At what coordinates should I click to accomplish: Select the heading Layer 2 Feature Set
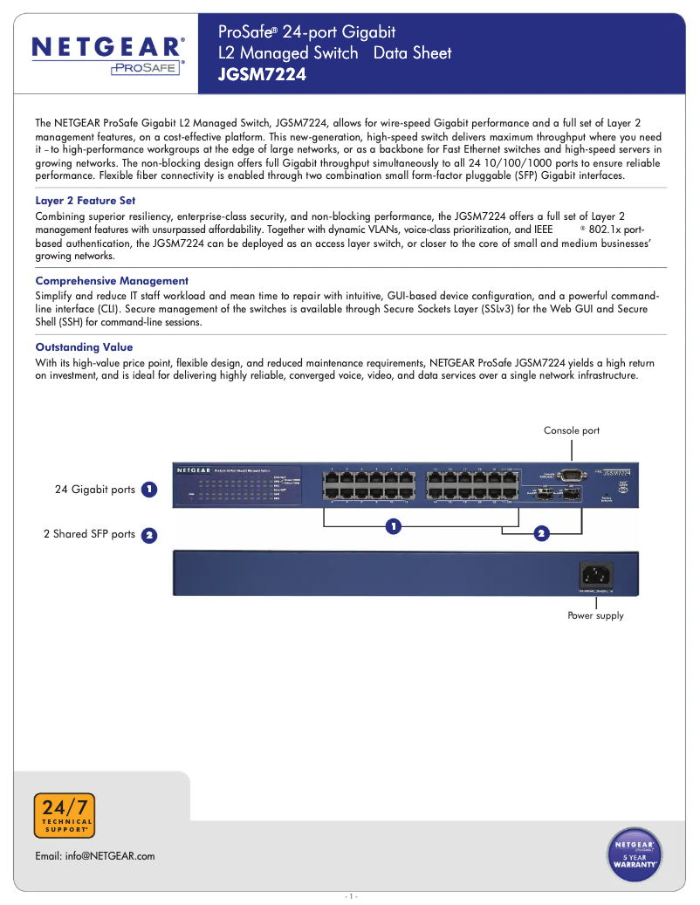pos(86,201)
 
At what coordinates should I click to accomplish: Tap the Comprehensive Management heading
pos(112,281)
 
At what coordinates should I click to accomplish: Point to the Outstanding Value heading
pos(84,347)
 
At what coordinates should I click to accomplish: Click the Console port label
pos(572,431)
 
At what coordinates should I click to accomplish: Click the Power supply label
pos(595,616)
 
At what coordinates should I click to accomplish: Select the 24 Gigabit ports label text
pos(95,490)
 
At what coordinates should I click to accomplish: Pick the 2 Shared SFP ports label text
pos(90,534)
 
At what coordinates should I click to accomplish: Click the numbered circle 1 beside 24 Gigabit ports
pos(149,490)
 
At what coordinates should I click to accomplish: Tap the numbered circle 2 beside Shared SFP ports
pos(149,535)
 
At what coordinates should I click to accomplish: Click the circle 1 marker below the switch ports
pos(394,526)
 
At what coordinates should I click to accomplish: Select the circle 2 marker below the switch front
pos(541,532)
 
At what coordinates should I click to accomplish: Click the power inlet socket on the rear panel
pos(595,575)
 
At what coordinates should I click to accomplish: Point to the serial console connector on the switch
pos(572,474)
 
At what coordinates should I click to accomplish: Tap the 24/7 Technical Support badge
pos(64,816)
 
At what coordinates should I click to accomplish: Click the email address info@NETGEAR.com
pos(95,856)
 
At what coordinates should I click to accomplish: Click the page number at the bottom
pos(350,896)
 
